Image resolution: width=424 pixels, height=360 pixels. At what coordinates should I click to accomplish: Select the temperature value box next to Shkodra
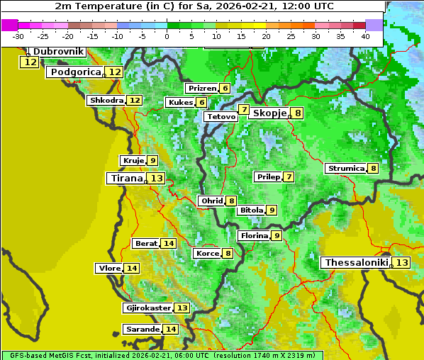134,101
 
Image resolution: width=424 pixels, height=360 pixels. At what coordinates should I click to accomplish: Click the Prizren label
201,89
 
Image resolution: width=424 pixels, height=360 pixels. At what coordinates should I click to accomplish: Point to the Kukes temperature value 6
201,103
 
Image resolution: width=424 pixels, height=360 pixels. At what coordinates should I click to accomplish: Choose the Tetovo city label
221,116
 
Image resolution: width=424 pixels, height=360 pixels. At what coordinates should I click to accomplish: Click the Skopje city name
269,113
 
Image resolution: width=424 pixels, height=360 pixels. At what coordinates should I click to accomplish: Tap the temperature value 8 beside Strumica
373,169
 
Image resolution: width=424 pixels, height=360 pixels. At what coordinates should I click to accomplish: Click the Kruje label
133,161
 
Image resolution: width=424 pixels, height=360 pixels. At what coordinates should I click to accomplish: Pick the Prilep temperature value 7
289,176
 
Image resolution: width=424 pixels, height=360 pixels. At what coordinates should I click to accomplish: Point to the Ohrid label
211,201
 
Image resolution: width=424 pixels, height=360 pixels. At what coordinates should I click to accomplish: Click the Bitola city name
251,210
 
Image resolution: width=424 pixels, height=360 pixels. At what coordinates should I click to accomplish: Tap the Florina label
255,235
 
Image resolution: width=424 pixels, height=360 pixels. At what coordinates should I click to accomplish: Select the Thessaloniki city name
356,262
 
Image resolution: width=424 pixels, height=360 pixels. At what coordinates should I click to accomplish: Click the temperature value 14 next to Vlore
132,268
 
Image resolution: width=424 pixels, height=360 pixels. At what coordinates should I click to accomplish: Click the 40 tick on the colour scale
365,36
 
